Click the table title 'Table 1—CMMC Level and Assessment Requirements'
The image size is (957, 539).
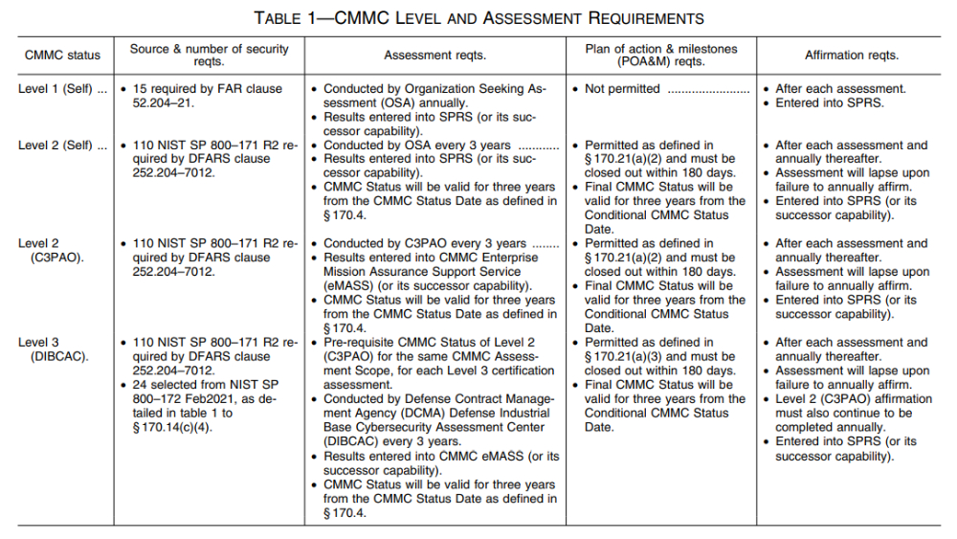pyautogui.click(x=478, y=17)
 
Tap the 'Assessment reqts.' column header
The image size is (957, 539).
pyautogui.click(x=434, y=56)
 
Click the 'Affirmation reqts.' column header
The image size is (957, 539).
pyautogui.click(x=852, y=56)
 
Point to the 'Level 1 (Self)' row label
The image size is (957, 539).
pyautogui.click(x=56, y=89)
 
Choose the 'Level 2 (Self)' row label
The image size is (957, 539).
pyautogui.click(x=56, y=146)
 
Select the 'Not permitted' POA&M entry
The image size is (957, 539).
pyautogui.click(x=623, y=89)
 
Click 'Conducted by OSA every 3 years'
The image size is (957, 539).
pyautogui.click(x=416, y=146)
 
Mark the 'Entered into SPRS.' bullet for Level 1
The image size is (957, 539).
pyautogui.click(x=830, y=102)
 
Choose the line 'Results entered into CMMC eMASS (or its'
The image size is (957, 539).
pyautogui.click(x=441, y=456)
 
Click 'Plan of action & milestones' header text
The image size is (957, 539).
pyautogui.click(x=659, y=48)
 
